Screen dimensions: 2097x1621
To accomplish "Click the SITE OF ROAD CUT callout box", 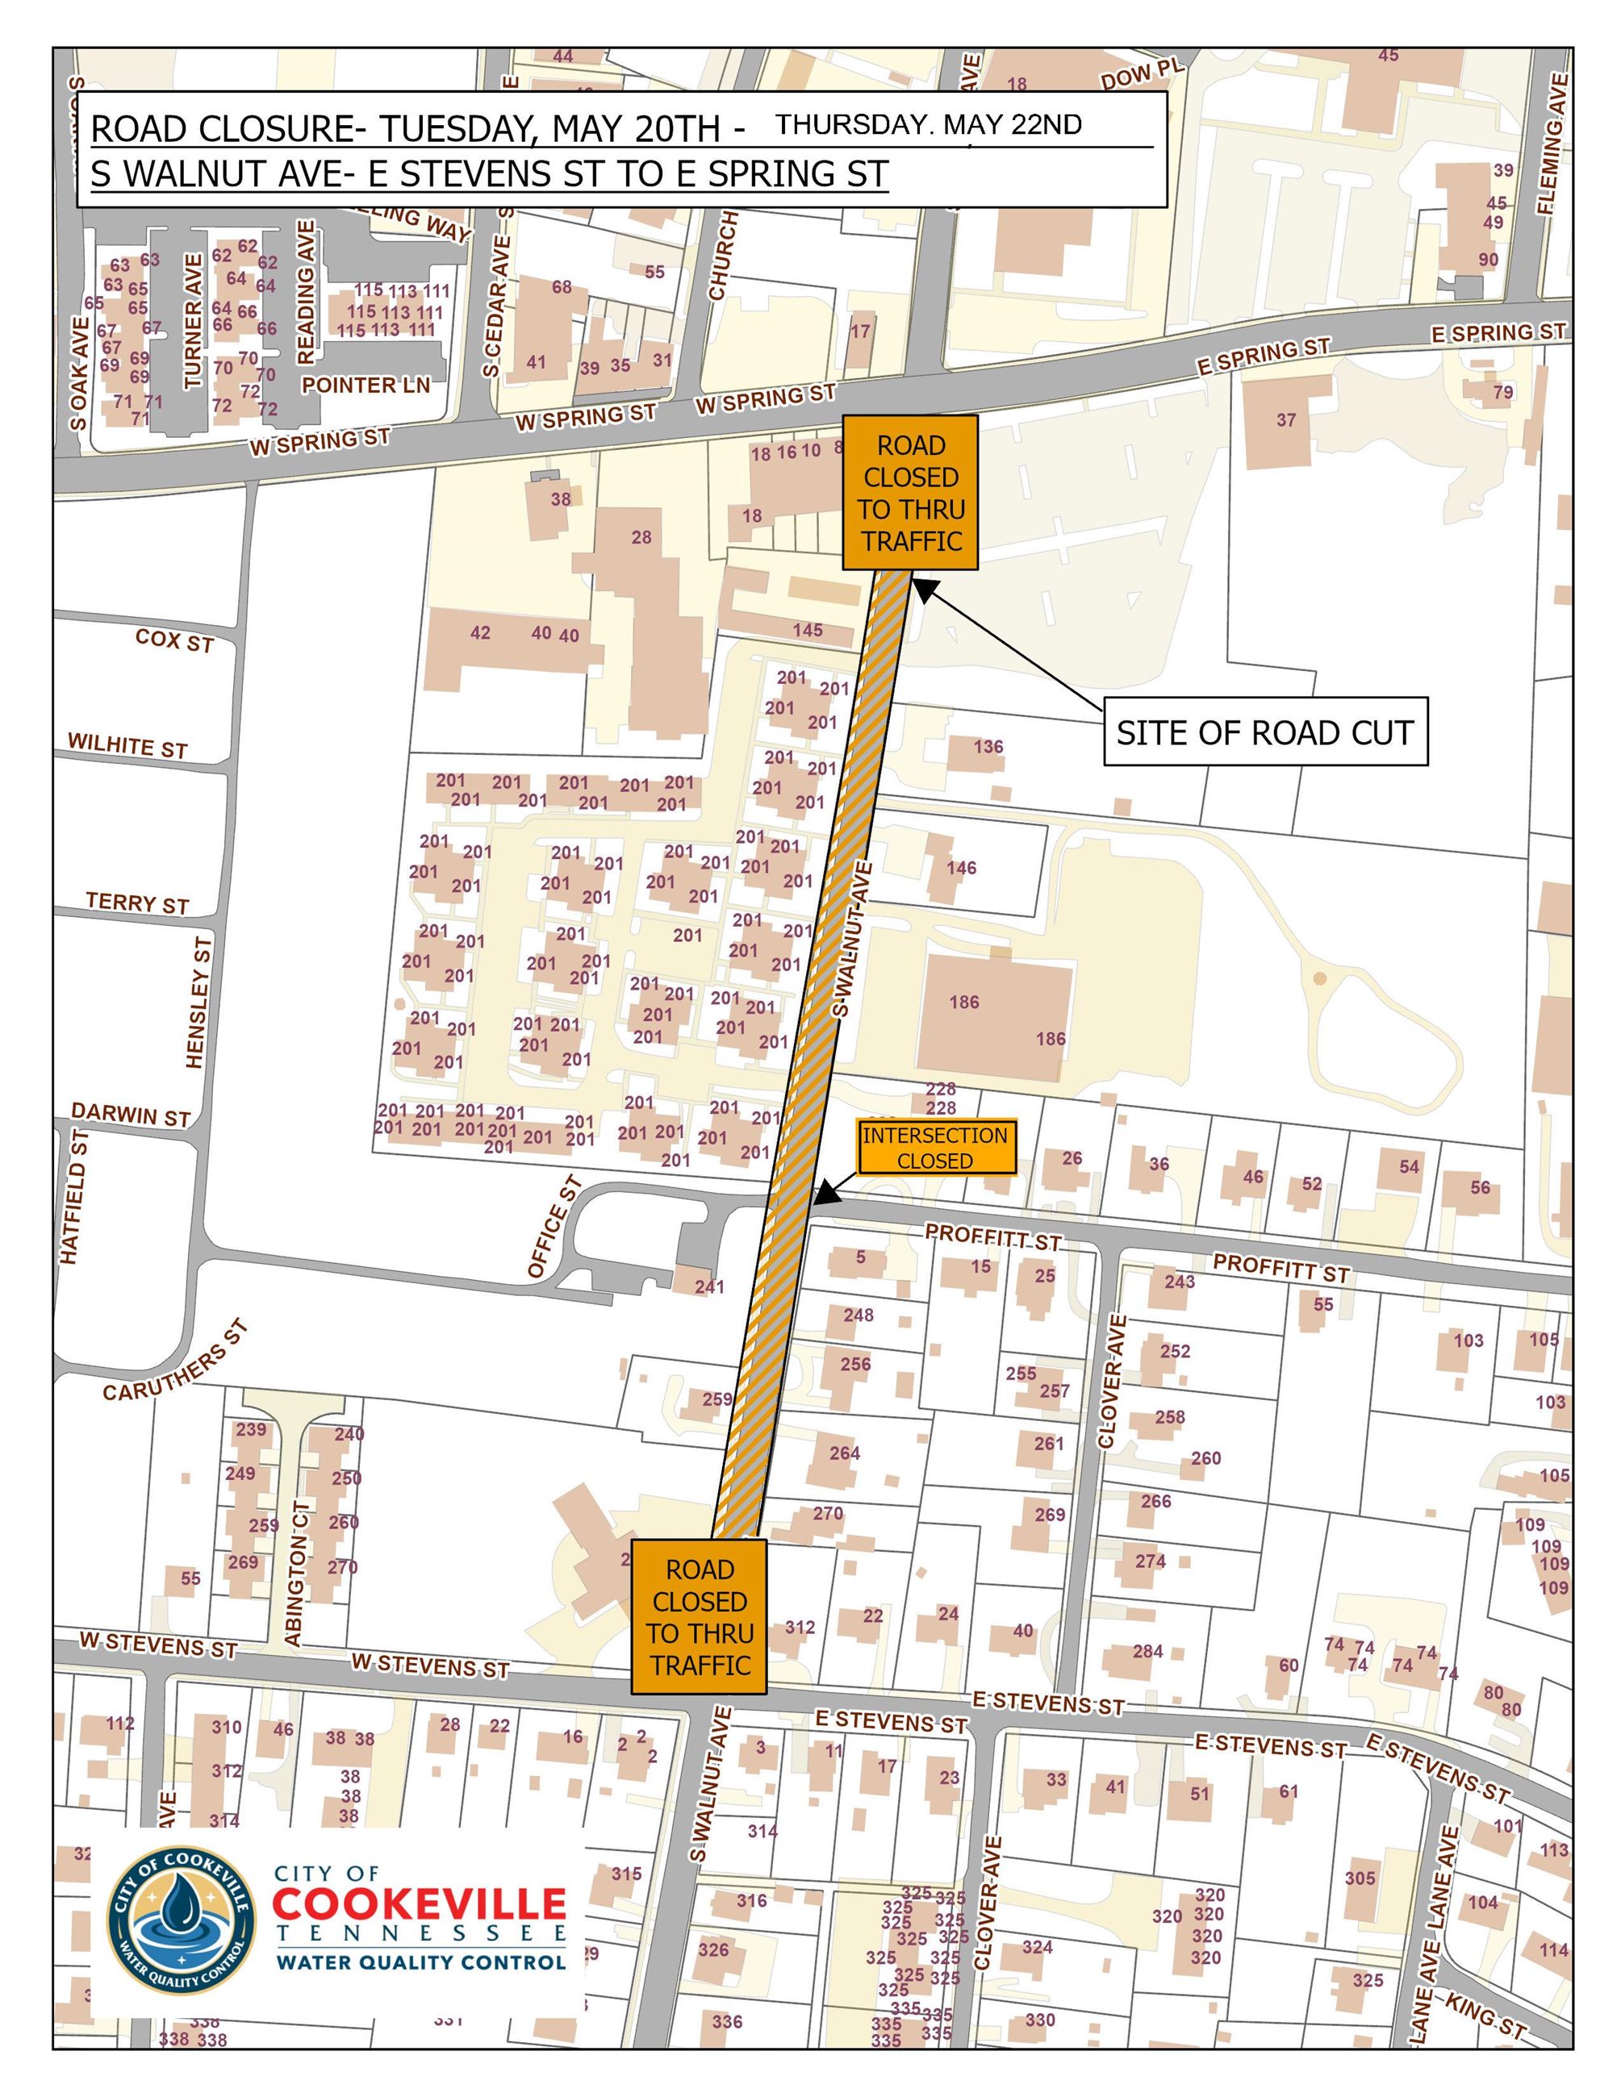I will (1264, 732).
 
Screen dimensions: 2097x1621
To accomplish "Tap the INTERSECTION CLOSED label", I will (935, 1148).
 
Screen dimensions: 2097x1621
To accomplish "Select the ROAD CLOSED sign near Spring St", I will (910, 493).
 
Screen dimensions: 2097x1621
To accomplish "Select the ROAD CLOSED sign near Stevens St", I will (698, 1617).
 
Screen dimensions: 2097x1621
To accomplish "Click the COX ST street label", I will (173, 640).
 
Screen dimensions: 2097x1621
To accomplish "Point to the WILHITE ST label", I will (127, 746).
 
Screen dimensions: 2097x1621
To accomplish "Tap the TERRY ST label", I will (137, 903).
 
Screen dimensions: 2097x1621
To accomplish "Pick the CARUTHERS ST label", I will (177, 1361).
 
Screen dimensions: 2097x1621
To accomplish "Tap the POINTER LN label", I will (366, 385).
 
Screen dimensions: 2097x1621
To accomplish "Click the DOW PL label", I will (1143, 74).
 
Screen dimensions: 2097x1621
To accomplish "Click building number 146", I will (960, 868).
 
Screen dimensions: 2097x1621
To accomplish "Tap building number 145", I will (808, 630).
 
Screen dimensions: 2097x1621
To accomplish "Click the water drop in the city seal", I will (180, 1911).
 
